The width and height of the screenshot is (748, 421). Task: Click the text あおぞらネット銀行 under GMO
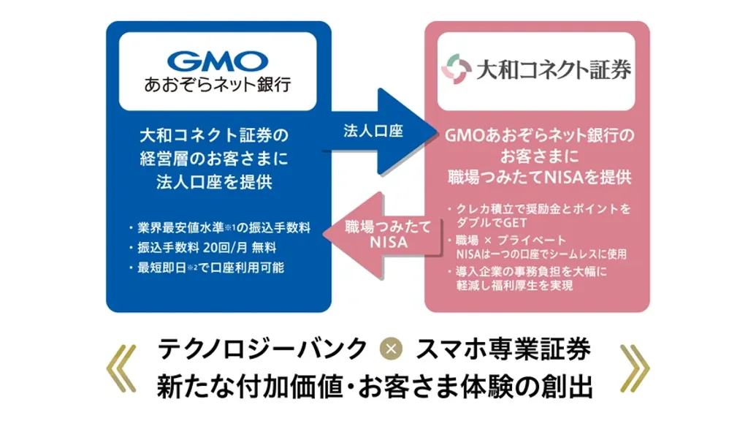click(218, 85)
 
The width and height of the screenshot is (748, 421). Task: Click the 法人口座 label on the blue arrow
click(373, 132)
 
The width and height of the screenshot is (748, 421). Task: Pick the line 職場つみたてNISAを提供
click(539, 177)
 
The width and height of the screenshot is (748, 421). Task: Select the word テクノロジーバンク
click(262, 349)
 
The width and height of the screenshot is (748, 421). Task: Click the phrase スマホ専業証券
click(503, 349)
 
